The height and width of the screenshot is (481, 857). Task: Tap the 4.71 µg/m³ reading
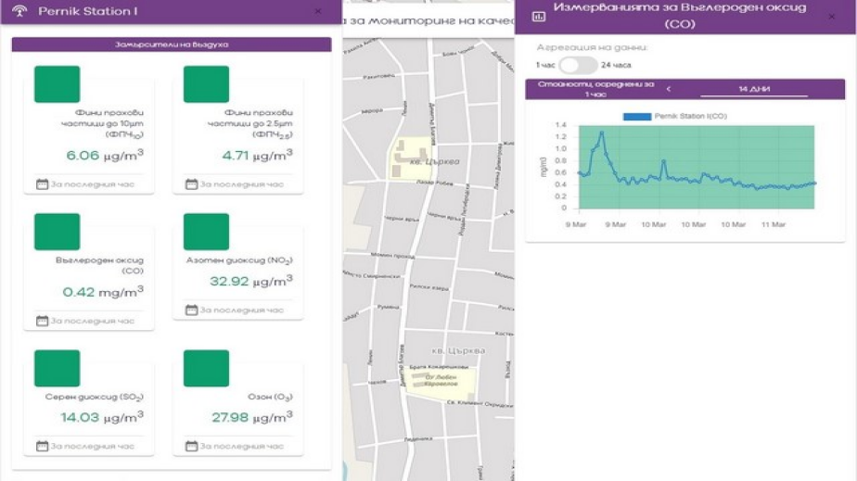(x=257, y=156)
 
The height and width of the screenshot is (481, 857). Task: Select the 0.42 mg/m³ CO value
(x=102, y=292)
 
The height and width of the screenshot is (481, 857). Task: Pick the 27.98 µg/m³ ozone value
(x=251, y=418)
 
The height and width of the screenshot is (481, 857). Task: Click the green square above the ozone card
(x=206, y=369)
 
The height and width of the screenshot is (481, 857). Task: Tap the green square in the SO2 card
(x=58, y=369)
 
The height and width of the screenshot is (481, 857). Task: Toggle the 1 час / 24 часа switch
(x=578, y=65)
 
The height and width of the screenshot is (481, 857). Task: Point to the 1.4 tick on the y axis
(x=560, y=124)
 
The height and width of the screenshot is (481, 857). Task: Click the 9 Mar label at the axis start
(x=575, y=224)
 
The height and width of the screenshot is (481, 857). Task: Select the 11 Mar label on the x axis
(x=774, y=224)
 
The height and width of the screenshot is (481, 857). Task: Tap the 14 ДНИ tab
(x=753, y=89)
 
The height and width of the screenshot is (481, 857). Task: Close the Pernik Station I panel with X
(x=318, y=12)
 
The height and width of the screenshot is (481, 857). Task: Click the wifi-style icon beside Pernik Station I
(x=19, y=12)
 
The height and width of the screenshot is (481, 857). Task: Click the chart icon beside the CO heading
(x=538, y=16)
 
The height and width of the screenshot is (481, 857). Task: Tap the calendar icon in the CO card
(x=42, y=321)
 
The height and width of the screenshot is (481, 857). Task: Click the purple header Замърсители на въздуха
(x=172, y=44)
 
